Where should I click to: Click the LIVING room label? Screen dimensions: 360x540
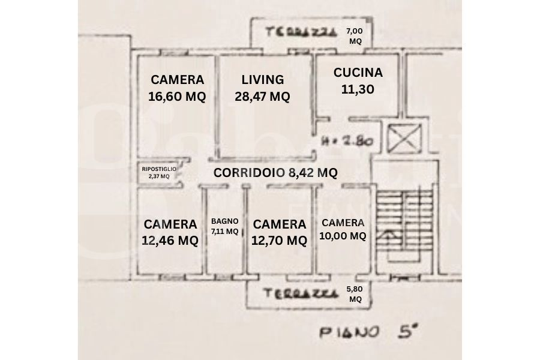click(x=262, y=79)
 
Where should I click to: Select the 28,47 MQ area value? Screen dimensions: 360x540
click(x=262, y=96)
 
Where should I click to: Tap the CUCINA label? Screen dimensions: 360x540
click(x=358, y=73)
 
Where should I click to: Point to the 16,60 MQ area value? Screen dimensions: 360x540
click(x=177, y=96)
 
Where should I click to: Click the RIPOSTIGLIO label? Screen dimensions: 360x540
click(x=159, y=169)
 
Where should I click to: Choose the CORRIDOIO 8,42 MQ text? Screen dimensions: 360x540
click(x=275, y=173)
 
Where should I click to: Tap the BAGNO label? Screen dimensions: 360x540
click(x=225, y=221)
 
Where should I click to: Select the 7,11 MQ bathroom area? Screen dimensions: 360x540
click(x=225, y=231)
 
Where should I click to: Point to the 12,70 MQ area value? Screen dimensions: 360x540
click(x=280, y=241)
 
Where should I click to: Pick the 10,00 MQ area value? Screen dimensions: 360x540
click(x=343, y=236)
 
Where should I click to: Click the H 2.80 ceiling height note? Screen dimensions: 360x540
click(x=348, y=142)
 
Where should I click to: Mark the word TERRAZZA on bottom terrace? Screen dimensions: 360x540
click(x=298, y=295)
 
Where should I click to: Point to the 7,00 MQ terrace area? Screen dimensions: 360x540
click(x=356, y=36)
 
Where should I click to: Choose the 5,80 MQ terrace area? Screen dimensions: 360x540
click(x=355, y=293)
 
